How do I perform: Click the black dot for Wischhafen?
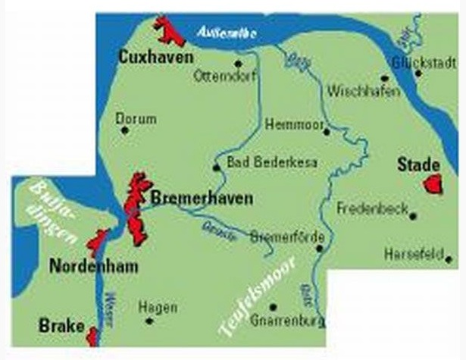pyautogui.click(x=383, y=77)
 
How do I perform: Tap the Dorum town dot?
pyautogui.click(x=125, y=130)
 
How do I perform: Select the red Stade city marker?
pyautogui.click(x=433, y=183)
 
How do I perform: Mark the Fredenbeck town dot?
pyautogui.click(x=413, y=216)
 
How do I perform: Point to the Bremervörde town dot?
pyautogui.click(x=321, y=247)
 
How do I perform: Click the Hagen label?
pyautogui.click(x=158, y=307)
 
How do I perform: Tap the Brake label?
pyautogui.click(x=61, y=326)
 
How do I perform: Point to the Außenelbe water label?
pyautogui.click(x=227, y=33)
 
